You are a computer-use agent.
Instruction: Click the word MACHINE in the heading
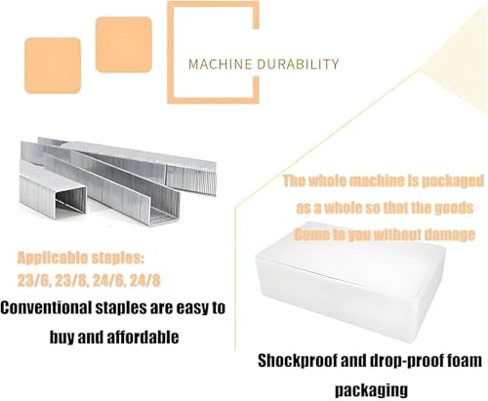(220, 64)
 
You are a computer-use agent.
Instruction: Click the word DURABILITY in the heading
(298, 64)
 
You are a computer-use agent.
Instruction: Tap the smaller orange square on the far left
(53, 65)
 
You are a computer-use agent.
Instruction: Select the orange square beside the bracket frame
(124, 45)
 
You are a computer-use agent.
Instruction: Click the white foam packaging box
(350, 280)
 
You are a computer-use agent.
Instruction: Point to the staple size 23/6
(34, 281)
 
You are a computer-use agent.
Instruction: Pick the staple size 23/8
(71, 281)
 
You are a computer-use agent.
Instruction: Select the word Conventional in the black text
(46, 307)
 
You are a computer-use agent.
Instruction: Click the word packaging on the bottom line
(371, 390)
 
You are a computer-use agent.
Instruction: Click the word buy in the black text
(61, 337)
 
